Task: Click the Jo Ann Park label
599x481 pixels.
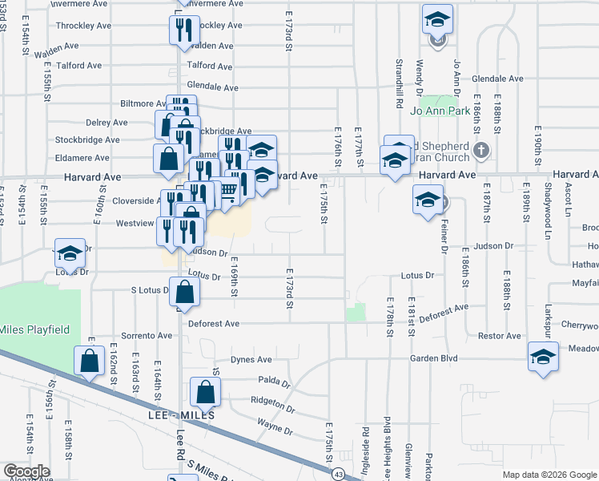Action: pyautogui.click(x=440, y=111)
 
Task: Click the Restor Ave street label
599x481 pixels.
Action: pyautogui.click(x=500, y=337)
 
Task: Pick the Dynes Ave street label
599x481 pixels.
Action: pyautogui.click(x=251, y=360)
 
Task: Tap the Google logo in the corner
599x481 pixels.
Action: pyautogui.click(x=26, y=471)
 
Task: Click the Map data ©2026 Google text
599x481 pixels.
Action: pyautogui.click(x=549, y=475)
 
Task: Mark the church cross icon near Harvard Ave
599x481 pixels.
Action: pyautogui.click(x=480, y=150)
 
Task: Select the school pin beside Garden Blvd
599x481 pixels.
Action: pyautogui.click(x=542, y=357)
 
